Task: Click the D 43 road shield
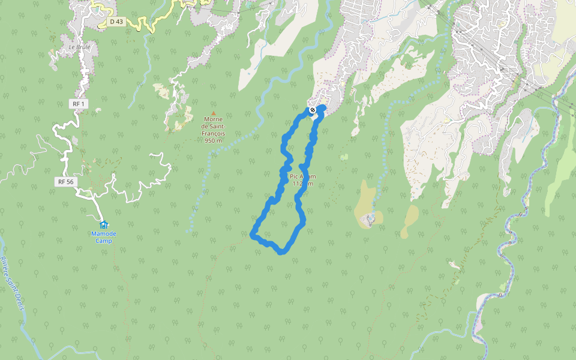click(x=116, y=22)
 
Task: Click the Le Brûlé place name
click(x=79, y=47)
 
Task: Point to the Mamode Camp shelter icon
click(x=103, y=225)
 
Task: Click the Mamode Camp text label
click(x=103, y=237)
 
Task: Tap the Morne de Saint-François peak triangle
click(x=213, y=112)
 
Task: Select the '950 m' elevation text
click(x=213, y=140)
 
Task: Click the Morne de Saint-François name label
click(x=213, y=126)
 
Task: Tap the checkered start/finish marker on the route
click(x=313, y=110)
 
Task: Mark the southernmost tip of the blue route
click(x=281, y=252)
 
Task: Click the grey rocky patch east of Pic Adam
click(x=371, y=219)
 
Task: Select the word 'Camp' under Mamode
click(x=103, y=241)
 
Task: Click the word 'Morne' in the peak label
click(x=213, y=119)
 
